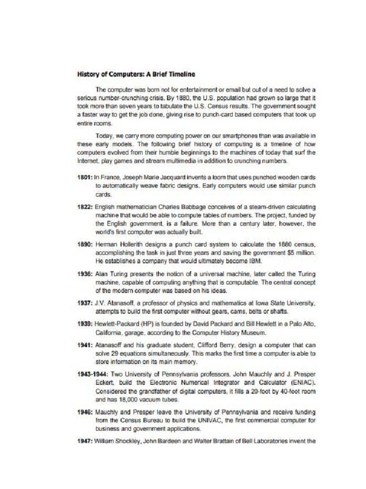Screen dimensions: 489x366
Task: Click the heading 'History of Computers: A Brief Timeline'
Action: (x=136, y=74)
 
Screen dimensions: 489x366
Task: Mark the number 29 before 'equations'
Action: (x=114, y=353)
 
